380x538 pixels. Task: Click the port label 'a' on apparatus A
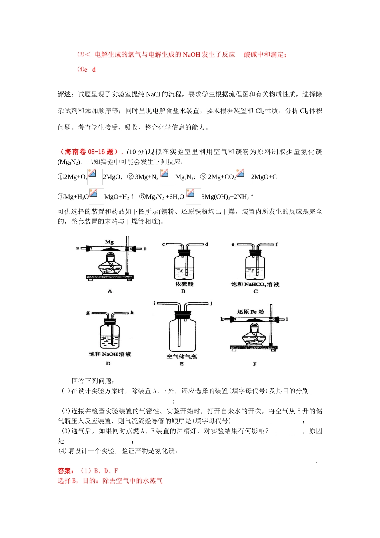[x=78, y=248]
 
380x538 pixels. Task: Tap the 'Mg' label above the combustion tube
[x=109, y=242]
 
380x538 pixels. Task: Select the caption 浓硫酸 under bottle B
[x=184, y=284]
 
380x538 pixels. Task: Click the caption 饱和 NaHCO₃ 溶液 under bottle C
[x=255, y=284]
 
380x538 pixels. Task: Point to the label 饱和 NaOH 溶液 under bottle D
[x=110, y=354]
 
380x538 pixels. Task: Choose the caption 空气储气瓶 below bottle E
[x=182, y=356]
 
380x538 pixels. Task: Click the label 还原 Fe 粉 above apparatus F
[x=250, y=312]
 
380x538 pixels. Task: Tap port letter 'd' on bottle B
[x=206, y=244]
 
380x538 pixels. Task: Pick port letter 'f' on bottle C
[x=276, y=244]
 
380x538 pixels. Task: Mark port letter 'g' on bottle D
[x=88, y=313]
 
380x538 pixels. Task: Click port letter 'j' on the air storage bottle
[x=211, y=303]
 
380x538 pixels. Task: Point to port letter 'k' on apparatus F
[x=222, y=319]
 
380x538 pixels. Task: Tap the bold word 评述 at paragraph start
[x=65, y=94]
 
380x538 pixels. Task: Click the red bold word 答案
[x=66, y=471]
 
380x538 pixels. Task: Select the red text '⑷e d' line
[x=86, y=70]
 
